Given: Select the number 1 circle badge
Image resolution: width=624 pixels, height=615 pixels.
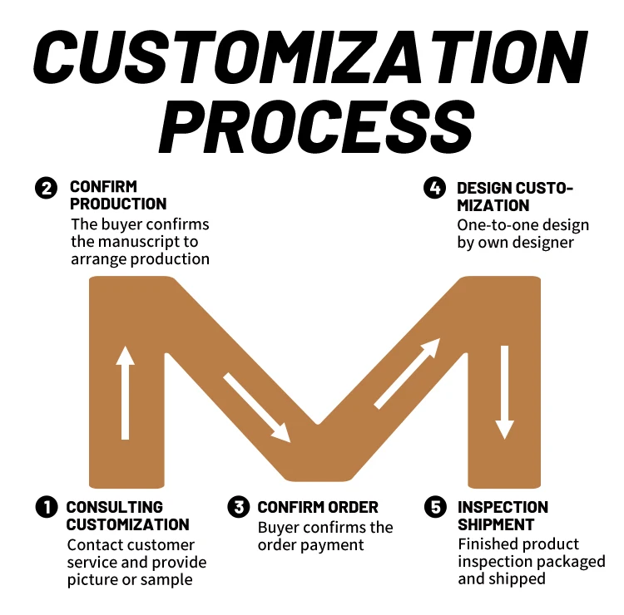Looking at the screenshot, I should (46, 507).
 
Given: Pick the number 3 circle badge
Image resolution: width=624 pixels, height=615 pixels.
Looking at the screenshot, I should (239, 507).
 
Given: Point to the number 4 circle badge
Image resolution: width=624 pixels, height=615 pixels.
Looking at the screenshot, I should (435, 189).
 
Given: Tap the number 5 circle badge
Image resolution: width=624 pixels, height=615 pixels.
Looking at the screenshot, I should (435, 507).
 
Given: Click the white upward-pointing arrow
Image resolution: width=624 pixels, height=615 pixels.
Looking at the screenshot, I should (125, 391).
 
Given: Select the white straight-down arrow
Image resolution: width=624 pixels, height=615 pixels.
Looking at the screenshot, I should (504, 391).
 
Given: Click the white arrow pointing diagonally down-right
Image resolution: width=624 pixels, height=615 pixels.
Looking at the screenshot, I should (256, 407).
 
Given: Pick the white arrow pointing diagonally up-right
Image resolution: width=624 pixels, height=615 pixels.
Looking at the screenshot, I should (407, 373).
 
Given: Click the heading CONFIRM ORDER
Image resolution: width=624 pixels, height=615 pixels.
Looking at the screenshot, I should (318, 507).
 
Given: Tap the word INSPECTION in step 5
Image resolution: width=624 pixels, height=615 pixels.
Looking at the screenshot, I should (503, 507).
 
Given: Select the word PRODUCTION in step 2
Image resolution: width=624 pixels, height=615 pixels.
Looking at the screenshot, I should (118, 204).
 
